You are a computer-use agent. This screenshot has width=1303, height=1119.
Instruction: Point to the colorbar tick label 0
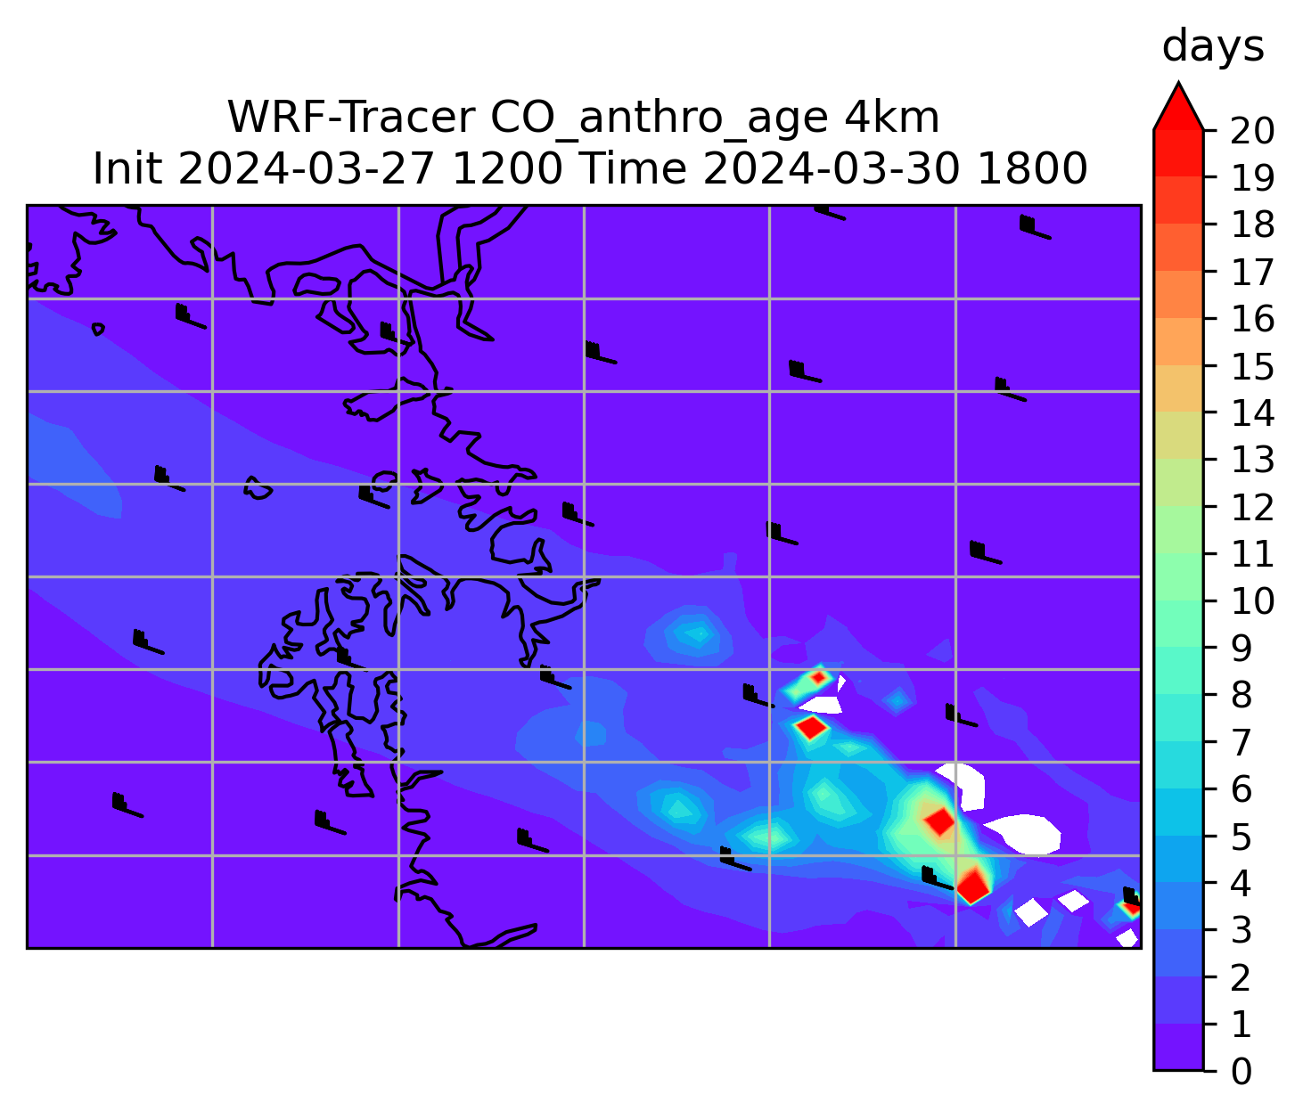coord(1242,1071)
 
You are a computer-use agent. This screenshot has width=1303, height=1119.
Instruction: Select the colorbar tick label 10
coord(1252,601)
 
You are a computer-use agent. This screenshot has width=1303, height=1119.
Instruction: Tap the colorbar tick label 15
coord(1252,366)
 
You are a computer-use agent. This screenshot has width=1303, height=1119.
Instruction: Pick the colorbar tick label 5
coord(1242,836)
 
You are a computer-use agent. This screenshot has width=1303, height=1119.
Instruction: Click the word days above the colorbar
coord(1213,47)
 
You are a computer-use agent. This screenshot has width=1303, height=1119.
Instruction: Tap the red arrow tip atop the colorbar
coord(1178,83)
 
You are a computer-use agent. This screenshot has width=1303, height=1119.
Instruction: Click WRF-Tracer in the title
coord(350,118)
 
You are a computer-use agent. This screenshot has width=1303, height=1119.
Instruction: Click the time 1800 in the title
coord(1032,169)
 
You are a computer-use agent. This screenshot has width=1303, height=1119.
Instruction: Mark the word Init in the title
coord(128,169)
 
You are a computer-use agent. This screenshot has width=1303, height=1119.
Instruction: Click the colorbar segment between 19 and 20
coord(1178,154)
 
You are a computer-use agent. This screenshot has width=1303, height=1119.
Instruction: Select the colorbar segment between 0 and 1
coord(1178,1047)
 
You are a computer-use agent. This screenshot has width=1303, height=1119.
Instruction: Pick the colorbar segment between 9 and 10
coord(1178,625)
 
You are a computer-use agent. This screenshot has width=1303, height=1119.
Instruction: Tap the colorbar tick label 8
coord(1242,695)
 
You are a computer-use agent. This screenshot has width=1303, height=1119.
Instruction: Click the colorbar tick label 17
coord(1252,273)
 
